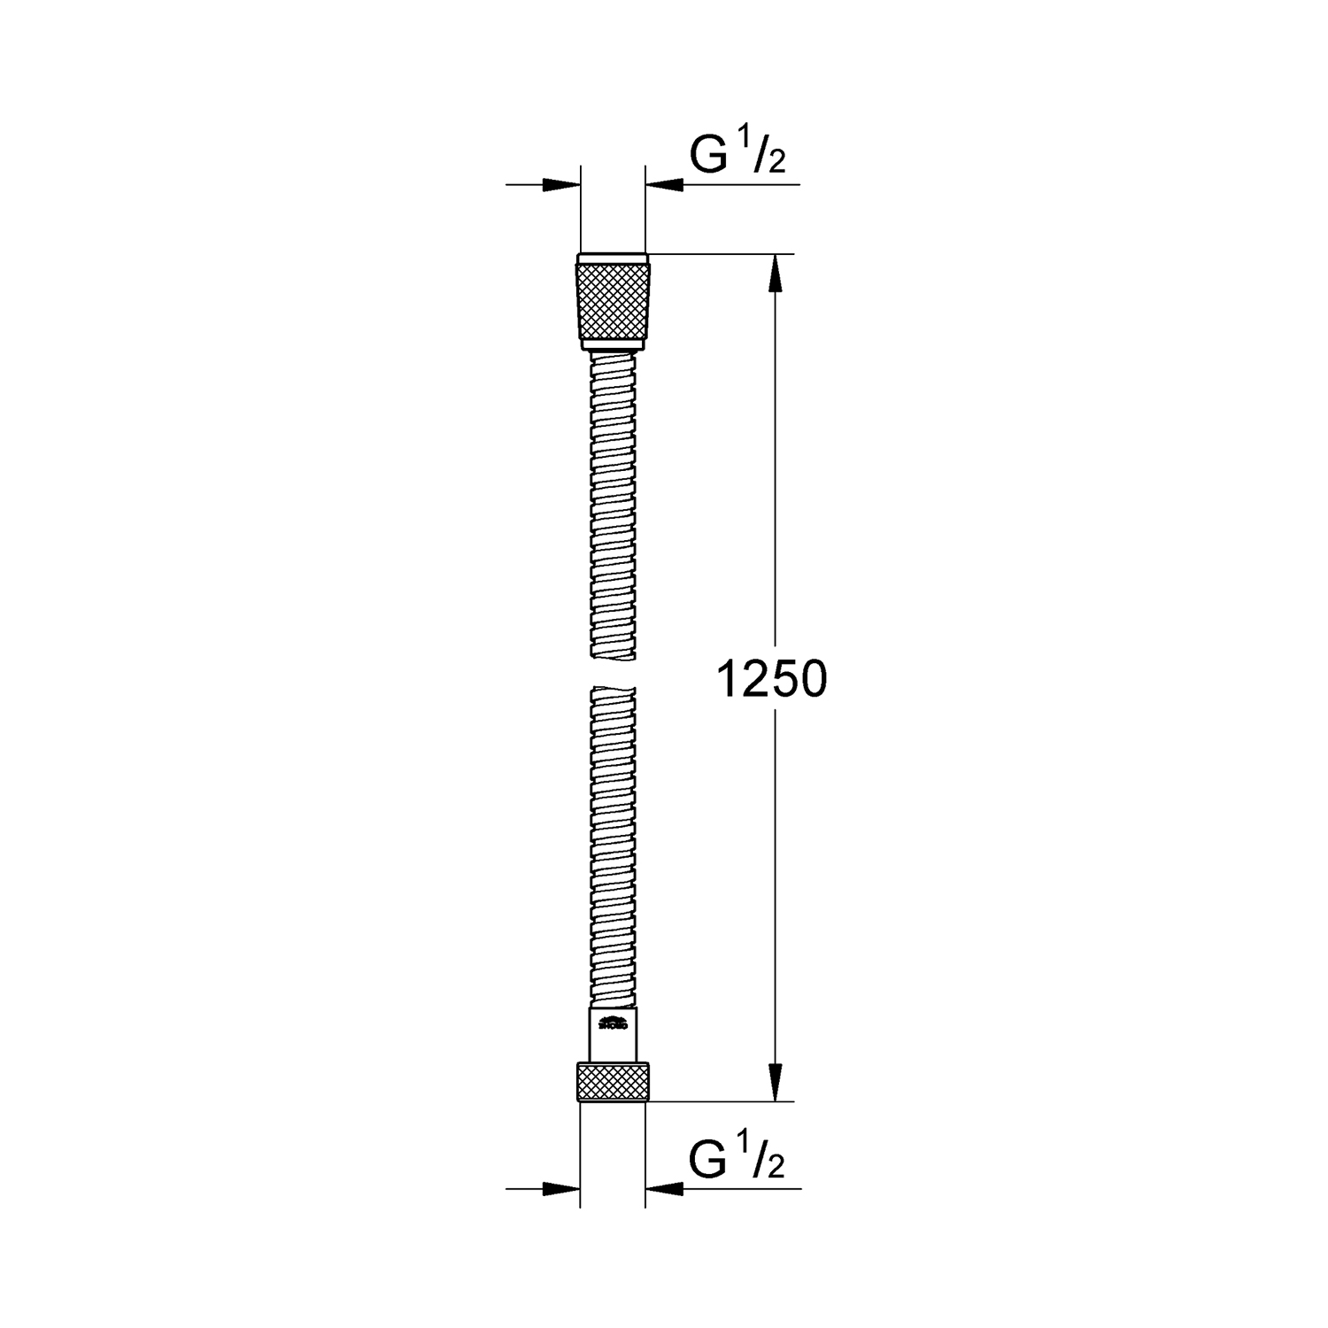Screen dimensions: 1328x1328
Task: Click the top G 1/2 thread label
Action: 737,156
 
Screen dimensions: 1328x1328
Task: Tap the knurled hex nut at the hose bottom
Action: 613,1083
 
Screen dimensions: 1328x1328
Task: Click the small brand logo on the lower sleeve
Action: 613,1026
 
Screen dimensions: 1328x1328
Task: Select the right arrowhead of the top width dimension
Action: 665,184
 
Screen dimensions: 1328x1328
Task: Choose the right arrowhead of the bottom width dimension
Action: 665,1188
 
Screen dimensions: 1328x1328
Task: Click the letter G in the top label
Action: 708,156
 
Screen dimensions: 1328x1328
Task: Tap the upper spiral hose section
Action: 613,505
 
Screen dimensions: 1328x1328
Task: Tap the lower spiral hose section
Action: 613,850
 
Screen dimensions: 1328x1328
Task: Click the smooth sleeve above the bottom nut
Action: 613,1036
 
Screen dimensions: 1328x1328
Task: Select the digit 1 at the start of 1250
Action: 727,680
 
